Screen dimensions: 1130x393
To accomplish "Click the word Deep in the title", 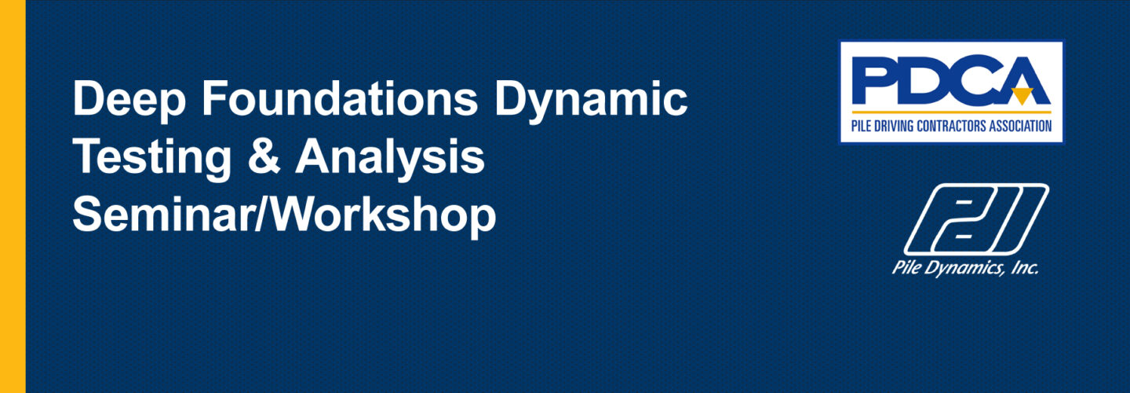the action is (x=129, y=100).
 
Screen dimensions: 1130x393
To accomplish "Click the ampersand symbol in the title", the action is (x=264, y=156).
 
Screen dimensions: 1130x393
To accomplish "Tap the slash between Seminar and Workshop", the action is (x=261, y=215).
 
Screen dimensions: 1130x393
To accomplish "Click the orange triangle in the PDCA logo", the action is (x=1022, y=96).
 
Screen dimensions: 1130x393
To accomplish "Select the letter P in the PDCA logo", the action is (x=874, y=80).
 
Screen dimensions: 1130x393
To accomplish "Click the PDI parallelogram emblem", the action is (x=977, y=219).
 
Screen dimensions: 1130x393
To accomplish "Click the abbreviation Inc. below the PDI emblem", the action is (x=1024, y=267).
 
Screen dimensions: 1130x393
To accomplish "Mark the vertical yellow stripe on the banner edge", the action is (x=13, y=196).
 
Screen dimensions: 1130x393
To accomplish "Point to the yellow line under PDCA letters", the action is (x=951, y=112).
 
